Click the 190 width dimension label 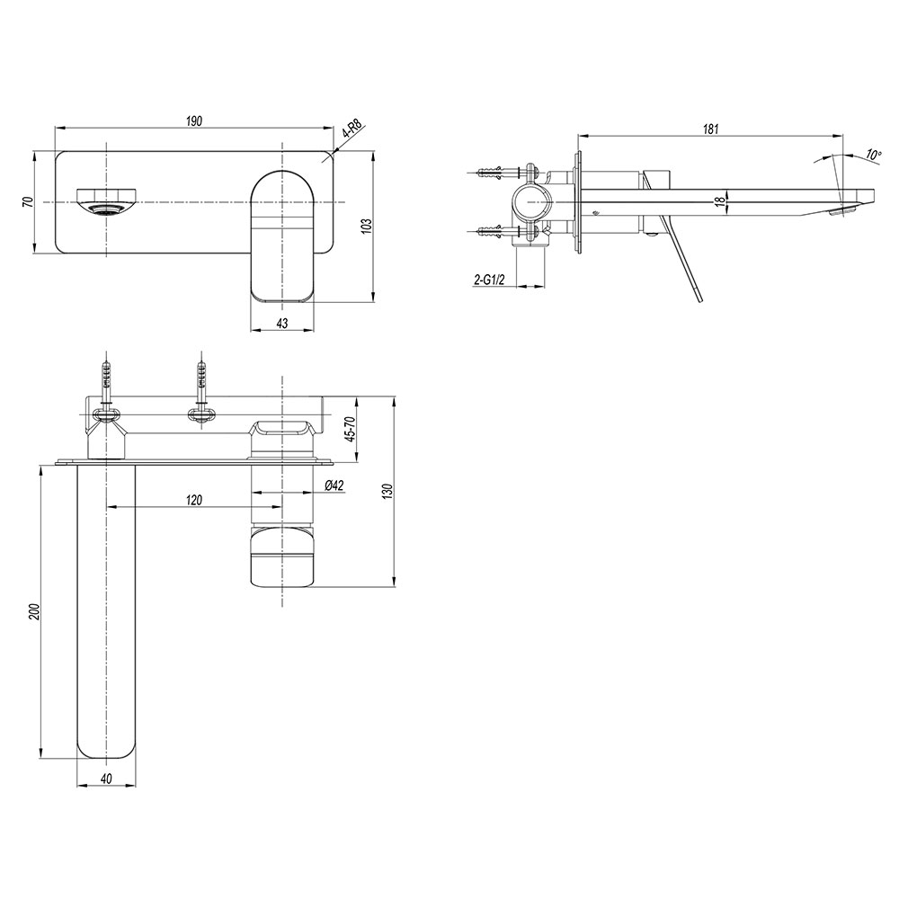click(x=194, y=121)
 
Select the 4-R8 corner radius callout click(x=353, y=129)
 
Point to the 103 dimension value click(x=368, y=225)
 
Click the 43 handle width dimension click(x=282, y=324)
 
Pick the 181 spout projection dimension click(x=710, y=129)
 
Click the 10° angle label click(x=873, y=155)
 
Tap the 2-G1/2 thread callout click(x=489, y=280)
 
